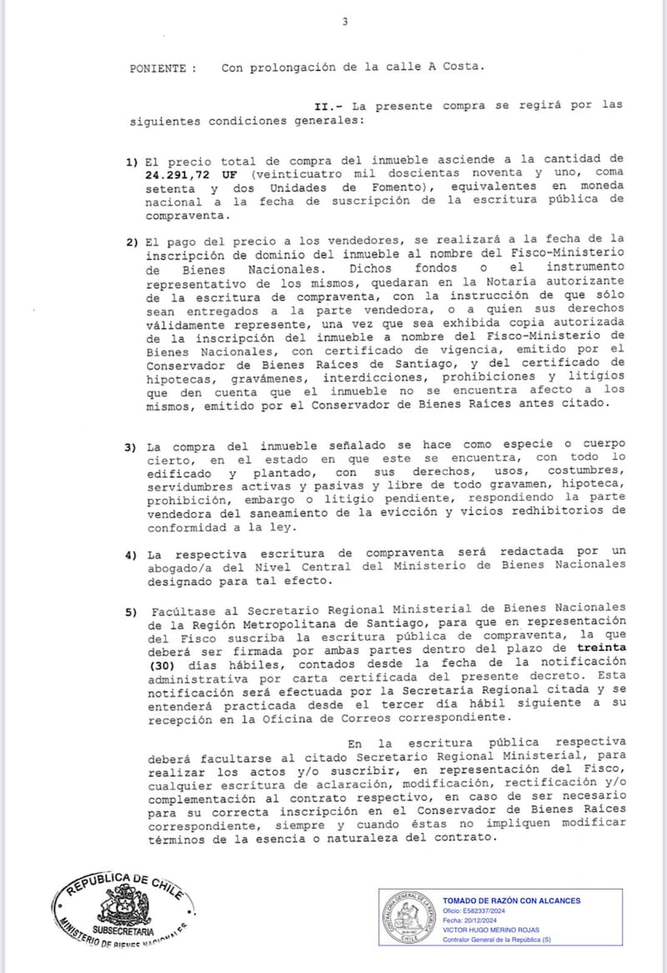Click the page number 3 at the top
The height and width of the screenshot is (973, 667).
[344, 22]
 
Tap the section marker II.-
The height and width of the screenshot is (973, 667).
[328, 107]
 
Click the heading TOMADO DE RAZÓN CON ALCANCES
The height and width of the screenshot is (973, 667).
[512, 901]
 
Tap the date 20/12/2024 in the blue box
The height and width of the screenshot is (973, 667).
[482, 920]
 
